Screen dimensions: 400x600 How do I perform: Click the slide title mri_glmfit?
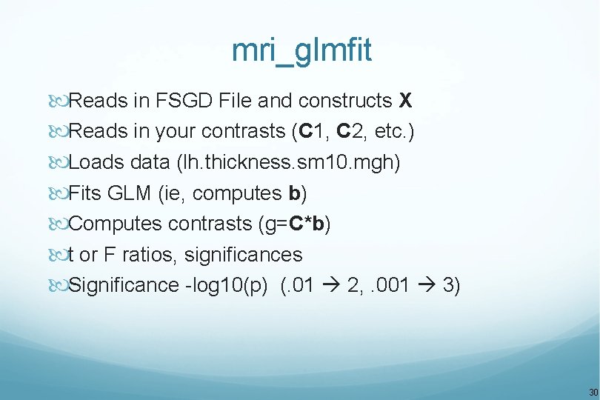pyautogui.click(x=301, y=51)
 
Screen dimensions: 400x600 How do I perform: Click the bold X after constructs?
pyautogui.click(x=405, y=100)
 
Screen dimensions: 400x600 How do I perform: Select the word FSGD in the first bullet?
pyautogui.click(x=182, y=100)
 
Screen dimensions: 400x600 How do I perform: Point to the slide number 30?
pyautogui.click(x=593, y=392)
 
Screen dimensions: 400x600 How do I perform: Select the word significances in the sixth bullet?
pyautogui.click(x=244, y=255)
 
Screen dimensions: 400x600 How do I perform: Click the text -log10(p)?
pyautogui.click(x=227, y=286)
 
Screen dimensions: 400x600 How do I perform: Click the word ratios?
pyautogui.click(x=147, y=255)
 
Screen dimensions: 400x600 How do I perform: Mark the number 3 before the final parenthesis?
pyautogui.click(x=447, y=286)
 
